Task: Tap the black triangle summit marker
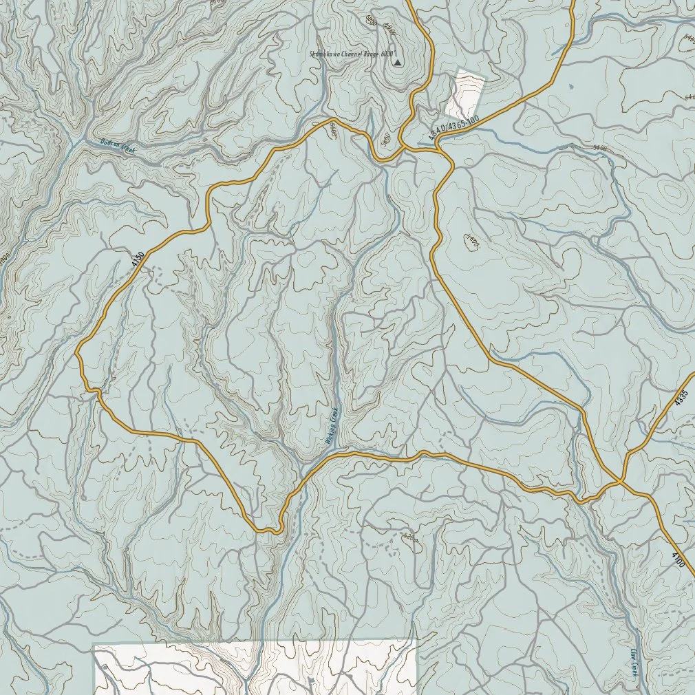(397, 63)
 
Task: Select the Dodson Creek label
(118, 145)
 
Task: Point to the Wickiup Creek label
(332, 426)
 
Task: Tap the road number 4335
(681, 398)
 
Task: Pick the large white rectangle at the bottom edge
(255, 667)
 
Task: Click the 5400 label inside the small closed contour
(471, 241)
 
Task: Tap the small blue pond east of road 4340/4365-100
(573, 87)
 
